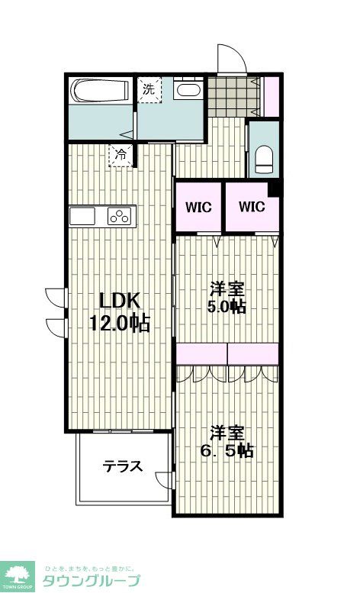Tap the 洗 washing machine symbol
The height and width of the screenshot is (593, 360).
click(x=149, y=89)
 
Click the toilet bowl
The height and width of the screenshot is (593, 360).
click(x=264, y=158)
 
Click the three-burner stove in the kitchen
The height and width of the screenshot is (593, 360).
click(x=121, y=216)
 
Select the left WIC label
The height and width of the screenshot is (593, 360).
click(x=198, y=207)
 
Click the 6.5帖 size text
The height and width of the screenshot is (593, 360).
click(x=227, y=450)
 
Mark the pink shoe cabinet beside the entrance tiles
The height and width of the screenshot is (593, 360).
click(x=271, y=96)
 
